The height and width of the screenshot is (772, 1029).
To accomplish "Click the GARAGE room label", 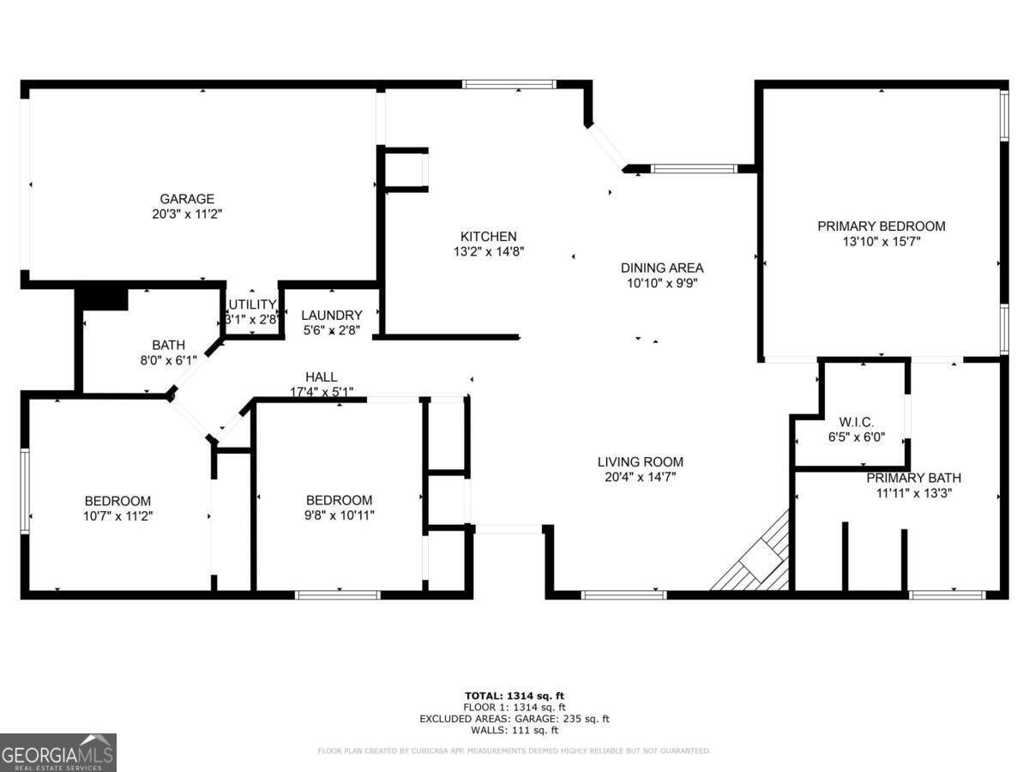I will click(x=188, y=199).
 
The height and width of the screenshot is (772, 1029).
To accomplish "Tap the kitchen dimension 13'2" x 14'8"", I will click(x=489, y=252).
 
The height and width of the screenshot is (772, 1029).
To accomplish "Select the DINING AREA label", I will click(x=662, y=268).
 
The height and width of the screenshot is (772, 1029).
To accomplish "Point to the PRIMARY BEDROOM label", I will click(x=881, y=226).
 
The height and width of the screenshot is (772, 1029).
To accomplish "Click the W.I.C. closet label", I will click(x=856, y=422).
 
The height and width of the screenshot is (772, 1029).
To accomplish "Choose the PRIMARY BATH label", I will click(x=913, y=478).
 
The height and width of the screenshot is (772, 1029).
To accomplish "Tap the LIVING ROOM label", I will click(x=640, y=461).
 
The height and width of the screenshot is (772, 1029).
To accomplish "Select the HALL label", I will click(x=322, y=377).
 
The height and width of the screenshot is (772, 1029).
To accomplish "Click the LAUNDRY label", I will click(x=331, y=315).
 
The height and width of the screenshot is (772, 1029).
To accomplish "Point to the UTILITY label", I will click(x=251, y=305).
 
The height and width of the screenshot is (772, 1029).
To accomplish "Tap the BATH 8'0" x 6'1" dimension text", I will click(x=168, y=360).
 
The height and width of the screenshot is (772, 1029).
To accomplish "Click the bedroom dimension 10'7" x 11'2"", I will click(x=117, y=516).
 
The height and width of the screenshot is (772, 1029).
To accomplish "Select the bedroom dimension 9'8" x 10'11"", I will click(x=339, y=516).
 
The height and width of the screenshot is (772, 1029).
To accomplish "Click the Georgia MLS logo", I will click(x=58, y=752).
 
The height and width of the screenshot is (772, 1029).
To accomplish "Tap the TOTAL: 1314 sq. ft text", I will click(x=514, y=696).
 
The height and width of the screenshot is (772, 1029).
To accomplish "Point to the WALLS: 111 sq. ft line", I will click(x=514, y=731).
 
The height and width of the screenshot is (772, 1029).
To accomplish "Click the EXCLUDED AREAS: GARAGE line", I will click(x=514, y=719).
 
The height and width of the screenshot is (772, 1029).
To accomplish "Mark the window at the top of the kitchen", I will click(x=508, y=84).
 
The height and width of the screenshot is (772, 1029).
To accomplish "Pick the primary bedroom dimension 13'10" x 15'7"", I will click(x=881, y=242).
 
